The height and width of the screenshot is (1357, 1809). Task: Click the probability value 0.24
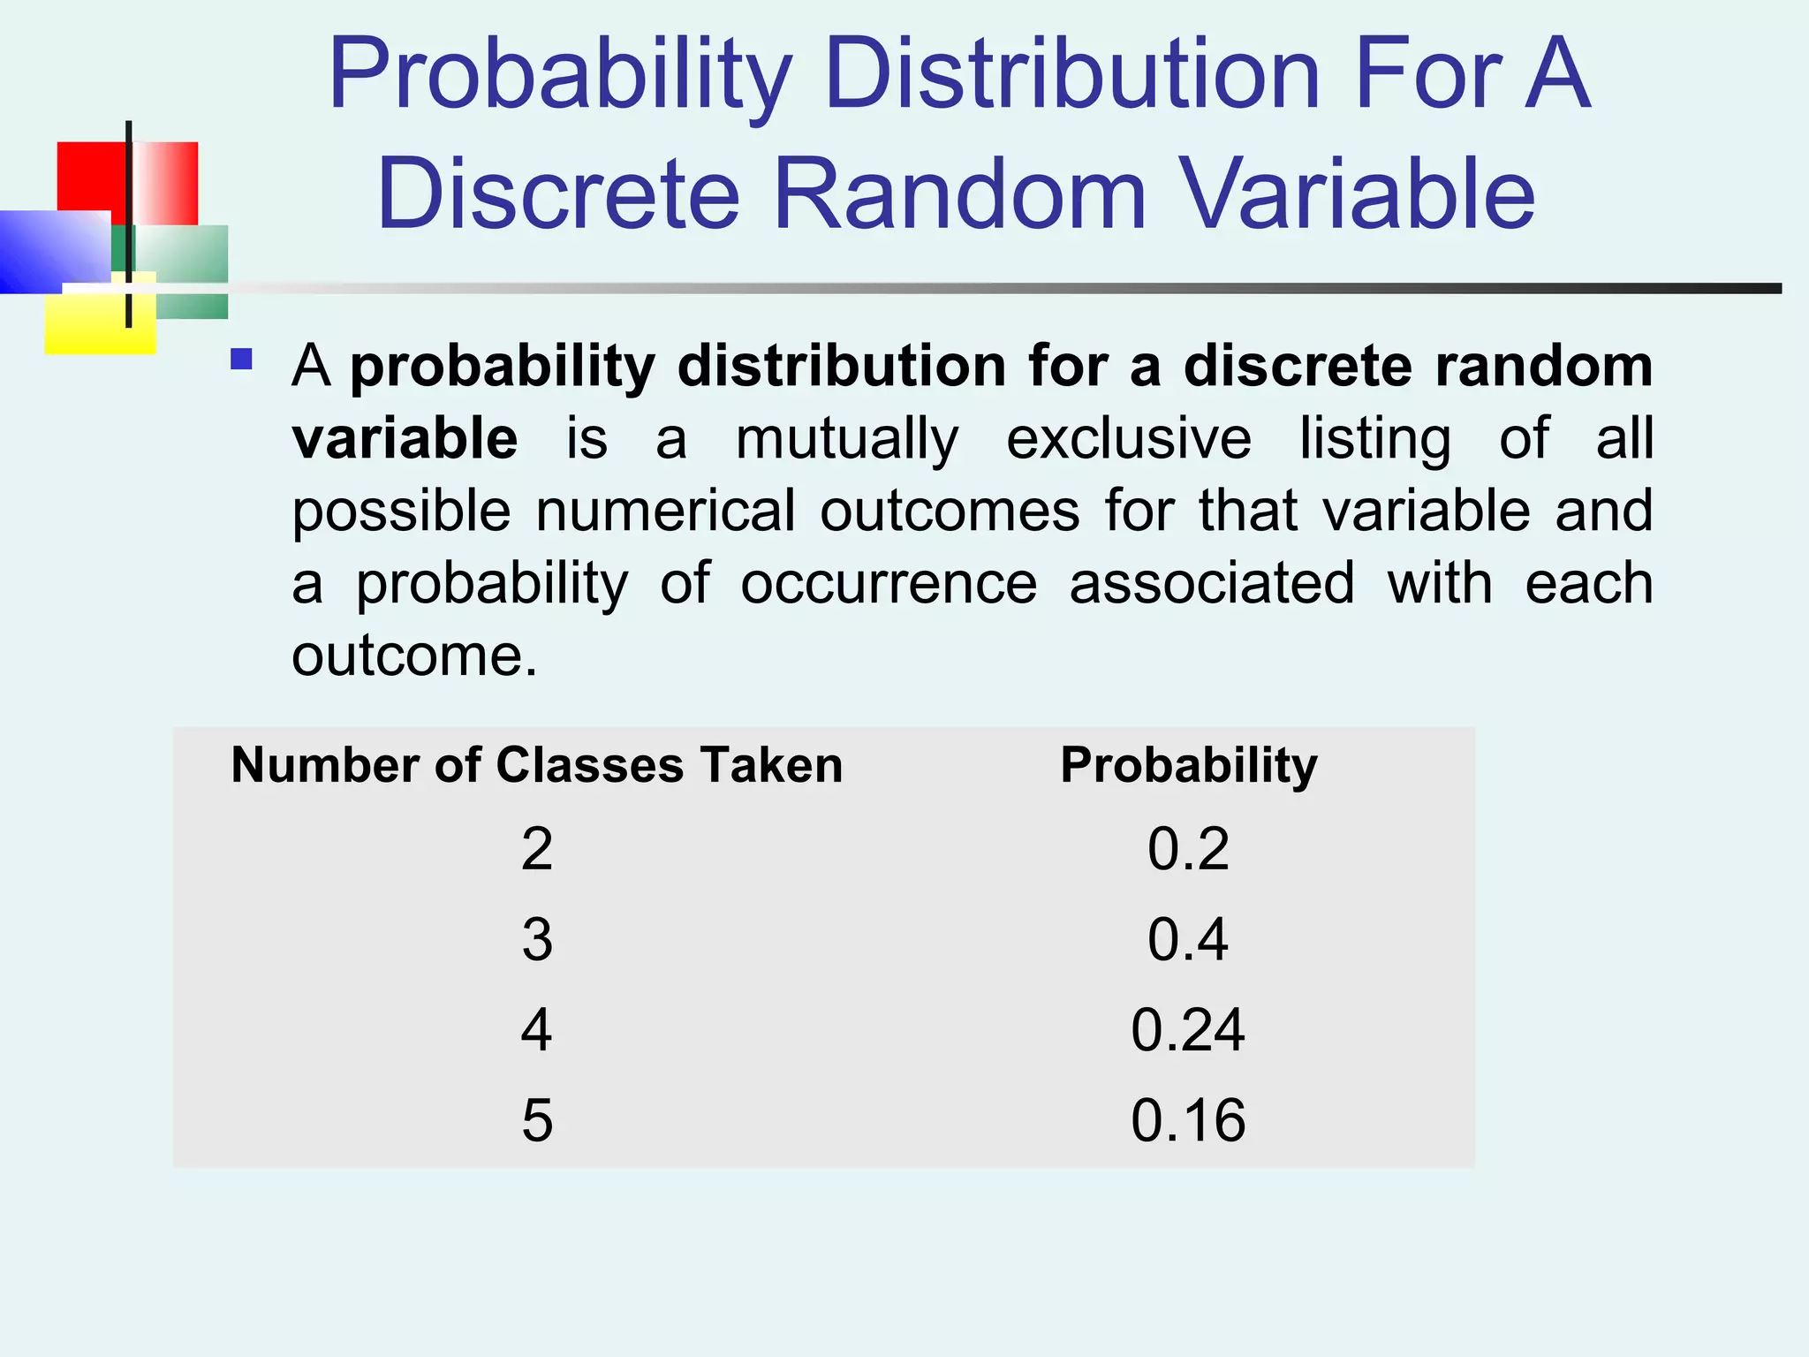pyautogui.click(x=1188, y=1029)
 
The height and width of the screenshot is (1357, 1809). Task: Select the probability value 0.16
pyautogui.click(x=1188, y=1120)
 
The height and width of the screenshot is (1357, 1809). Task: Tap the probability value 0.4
pyautogui.click(x=1188, y=939)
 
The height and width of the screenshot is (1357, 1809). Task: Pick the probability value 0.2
pyautogui.click(x=1188, y=849)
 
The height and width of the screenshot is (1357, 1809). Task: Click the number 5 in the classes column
pyautogui.click(x=537, y=1120)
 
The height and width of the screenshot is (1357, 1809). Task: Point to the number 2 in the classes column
pyautogui.click(x=537, y=849)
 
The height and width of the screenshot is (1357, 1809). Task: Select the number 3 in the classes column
pyautogui.click(x=537, y=939)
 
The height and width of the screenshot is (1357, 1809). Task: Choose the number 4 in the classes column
pyautogui.click(x=537, y=1029)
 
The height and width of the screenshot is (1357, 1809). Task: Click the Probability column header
pyautogui.click(x=1189, y=765)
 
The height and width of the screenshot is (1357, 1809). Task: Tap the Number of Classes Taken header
pyautogui.click(x=537, y=765)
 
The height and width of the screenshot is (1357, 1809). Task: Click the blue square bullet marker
pyautogui.click(x=241, y=359)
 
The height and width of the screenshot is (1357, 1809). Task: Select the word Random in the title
pyautogui.click(x=960, y=193)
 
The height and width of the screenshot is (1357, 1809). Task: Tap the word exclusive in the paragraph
pyautogui.click(x=1129, y=438)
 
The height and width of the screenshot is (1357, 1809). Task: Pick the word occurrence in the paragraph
pyautogui.click(x=889, y=584)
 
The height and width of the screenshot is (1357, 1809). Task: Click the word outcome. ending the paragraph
pyautogui.click(x=414, y=656)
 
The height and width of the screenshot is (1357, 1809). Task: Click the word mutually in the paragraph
pyautogui.click(x=847, y=440)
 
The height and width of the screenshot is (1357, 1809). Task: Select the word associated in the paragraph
pyautogui.click(x=1212, y=584)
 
